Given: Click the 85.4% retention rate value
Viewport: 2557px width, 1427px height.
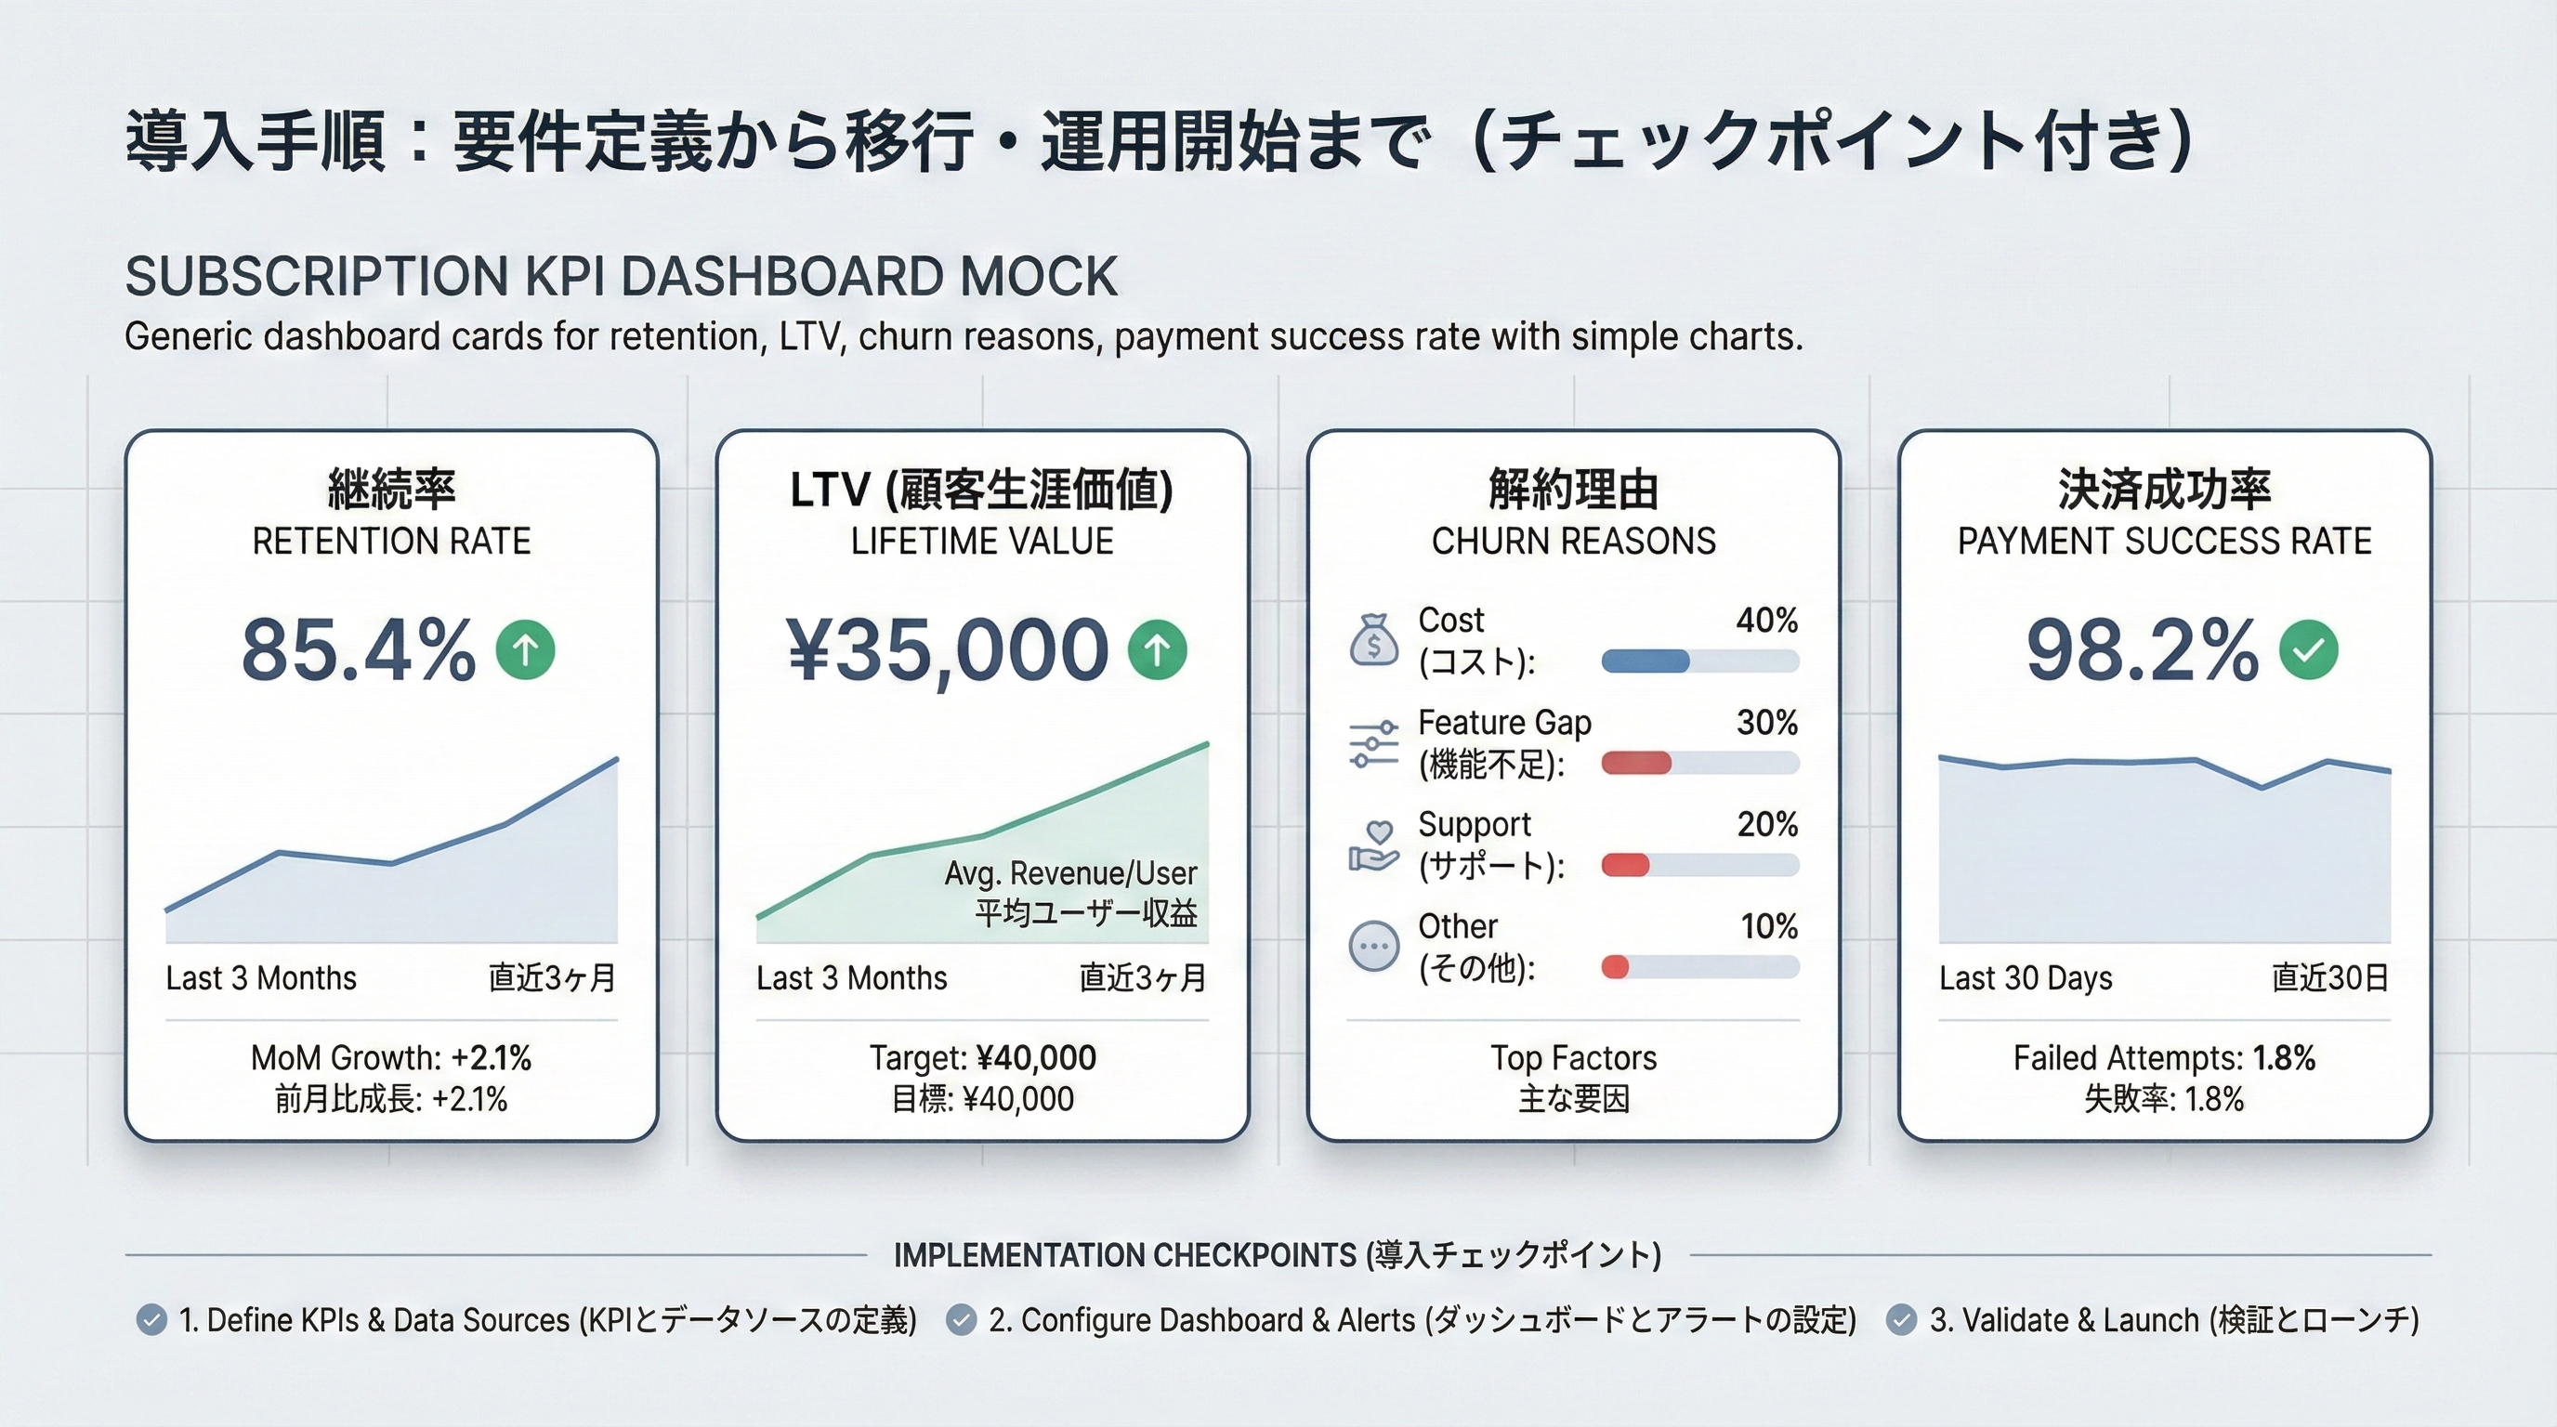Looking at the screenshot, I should [358, 651].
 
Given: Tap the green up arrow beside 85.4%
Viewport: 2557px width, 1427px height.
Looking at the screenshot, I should [525, 650].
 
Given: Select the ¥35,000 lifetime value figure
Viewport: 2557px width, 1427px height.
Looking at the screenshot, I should [948, 651].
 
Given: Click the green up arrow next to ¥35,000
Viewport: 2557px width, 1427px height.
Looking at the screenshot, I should [1157, 650].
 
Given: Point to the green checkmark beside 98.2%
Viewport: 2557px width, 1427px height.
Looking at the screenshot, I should [2308, 650].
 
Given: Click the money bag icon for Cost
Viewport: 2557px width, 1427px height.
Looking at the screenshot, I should [1374, 640].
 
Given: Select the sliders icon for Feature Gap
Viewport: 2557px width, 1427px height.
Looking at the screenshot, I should [1374, 743].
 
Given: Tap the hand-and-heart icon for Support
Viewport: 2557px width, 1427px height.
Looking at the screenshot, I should [1374, 845].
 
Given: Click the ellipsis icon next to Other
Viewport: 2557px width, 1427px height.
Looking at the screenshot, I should [1374, 947].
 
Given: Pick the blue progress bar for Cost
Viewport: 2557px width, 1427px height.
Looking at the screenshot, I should [1645, 661].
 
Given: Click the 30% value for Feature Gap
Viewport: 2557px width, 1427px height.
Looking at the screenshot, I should [1767, 723].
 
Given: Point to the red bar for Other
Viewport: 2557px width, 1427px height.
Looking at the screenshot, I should [1615, 967].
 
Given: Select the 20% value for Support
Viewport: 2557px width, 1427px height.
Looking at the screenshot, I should [1767, 825].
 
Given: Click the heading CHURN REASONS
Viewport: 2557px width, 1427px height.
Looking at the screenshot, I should [1573, 541].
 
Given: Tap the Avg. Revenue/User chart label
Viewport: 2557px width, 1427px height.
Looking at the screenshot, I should [1070, 873].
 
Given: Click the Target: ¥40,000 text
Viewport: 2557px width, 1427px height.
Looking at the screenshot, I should [983, 1058].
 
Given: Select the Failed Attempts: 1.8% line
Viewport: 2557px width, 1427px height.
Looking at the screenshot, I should [2164, 1058].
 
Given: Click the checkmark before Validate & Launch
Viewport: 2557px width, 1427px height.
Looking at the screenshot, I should [1901, 1320].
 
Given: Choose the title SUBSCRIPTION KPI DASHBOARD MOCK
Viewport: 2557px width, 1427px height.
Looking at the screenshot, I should [622, 277].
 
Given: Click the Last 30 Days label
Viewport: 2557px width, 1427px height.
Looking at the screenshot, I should [2025, 978].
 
